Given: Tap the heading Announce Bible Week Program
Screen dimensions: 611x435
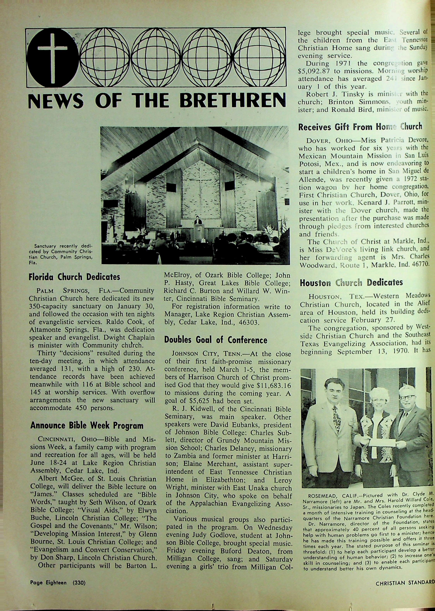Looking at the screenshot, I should pos(87,426).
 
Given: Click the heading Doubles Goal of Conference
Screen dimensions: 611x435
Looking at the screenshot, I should pos(216,340).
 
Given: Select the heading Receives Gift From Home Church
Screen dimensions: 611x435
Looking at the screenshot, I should pos(360,127).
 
